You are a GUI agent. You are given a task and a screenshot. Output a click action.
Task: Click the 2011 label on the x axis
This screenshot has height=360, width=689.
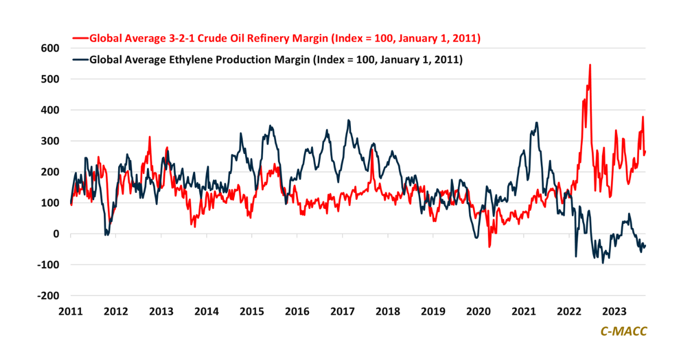pyautogui.click(x=71, y=312)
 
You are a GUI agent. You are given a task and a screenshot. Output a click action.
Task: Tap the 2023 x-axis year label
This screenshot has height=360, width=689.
pyautogui.click(x=614, y=312)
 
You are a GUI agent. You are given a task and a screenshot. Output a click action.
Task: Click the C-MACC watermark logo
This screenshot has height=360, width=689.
pyautogui.click(x=623, y=331)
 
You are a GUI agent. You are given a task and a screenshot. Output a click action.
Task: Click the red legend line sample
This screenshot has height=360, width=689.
pyautogui.click(x=80, y=38)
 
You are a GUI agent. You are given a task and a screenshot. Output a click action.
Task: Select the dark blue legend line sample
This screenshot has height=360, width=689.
pyautogui.click(x=80, y=59)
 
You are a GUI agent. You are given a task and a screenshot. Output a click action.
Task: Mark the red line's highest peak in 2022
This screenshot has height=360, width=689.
pyautogui.click(x=590, y=65)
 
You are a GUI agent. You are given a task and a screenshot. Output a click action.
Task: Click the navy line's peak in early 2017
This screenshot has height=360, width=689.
pyautogui.click(x=349, y=120)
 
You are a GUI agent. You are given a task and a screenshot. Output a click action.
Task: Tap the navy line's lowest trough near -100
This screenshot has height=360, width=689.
pyautogui.click(x=603, y=263)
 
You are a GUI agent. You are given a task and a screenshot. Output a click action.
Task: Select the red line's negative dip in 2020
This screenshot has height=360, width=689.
pyautogui.click(x=490, y=247)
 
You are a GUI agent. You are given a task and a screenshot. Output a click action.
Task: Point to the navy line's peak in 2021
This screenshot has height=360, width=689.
pyautogui.click(x=536, y=122)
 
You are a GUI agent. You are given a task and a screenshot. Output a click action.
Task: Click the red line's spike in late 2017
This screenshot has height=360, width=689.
pyautogui.click(x=372, y=150)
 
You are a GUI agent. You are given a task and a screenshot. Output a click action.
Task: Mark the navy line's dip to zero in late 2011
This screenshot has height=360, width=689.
pyautogui.click(x=106, y=234)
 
